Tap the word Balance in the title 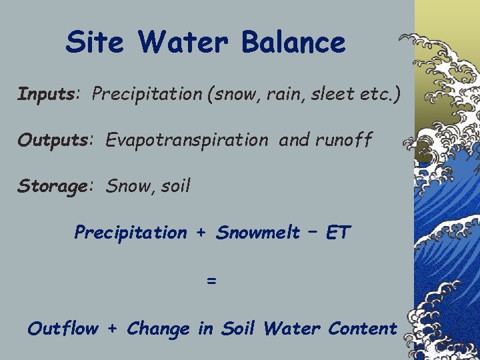coord(293,43)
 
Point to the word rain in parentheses coord(269,95)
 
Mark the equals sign coord(211,281)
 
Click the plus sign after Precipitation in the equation coord(201,233)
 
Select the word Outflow coord(63,329)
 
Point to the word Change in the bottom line coord(157,329)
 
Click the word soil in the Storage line coord(177,186)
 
